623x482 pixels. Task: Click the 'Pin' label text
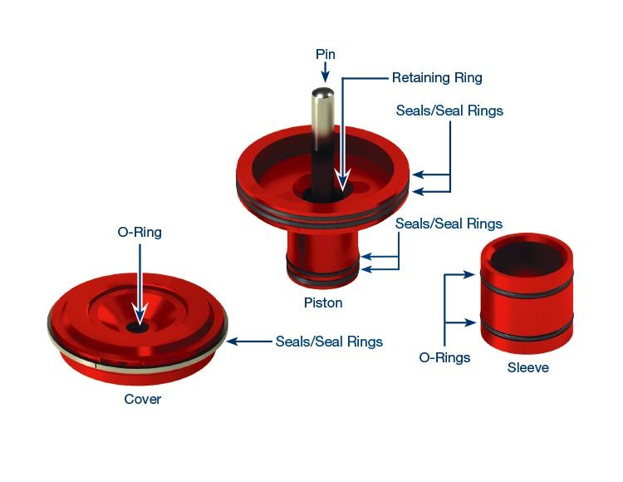point(325,53)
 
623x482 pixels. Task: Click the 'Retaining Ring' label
point(437,77)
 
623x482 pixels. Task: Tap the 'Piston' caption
point(323,302)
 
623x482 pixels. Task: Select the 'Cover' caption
point(142,399)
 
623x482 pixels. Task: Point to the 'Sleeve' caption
point(527,366)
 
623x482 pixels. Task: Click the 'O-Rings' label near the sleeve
point(444,357)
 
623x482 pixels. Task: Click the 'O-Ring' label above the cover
point(139,233)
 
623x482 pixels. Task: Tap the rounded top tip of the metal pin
point(323,92)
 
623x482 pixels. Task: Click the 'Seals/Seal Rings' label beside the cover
point(329,341)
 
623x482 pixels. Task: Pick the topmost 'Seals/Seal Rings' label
point(449,111)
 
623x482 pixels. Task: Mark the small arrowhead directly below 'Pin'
point(325,76)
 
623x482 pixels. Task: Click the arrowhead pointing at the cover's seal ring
point(233,341)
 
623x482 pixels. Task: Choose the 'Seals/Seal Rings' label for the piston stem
point(449,224)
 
